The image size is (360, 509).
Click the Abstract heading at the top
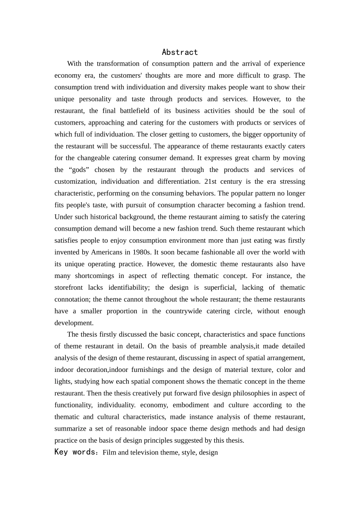[x=180, y=52]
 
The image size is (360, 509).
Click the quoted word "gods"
[x=79, y=170]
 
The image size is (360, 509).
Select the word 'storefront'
[x=71, y=287]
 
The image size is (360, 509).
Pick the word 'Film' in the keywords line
[x=109, y=452]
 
